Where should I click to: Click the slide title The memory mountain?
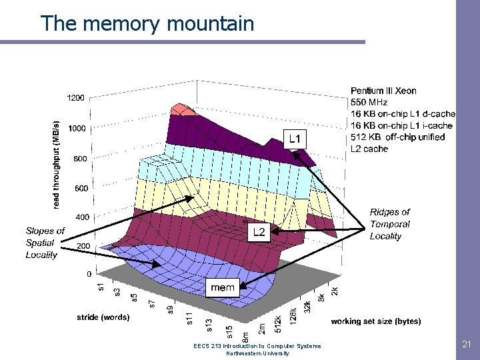[x=147, y=24]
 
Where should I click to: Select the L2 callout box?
[x=259, y=232]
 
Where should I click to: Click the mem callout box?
[x=222, y=287]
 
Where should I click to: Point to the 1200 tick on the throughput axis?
[x=75, y=98]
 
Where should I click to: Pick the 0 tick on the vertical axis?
[x=89, y=274]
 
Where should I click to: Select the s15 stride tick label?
[x=229, y=330]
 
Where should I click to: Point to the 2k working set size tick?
[x=335, y=291]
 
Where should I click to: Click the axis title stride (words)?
[x=103, y=317]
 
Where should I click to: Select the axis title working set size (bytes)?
[x=375, y=321]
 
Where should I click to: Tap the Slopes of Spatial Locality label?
[x=45, y=243]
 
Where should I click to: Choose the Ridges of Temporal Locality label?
[x=390, y=224]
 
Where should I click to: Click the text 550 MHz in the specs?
[x=369, y=102]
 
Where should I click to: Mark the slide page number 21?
[x=466, y=344]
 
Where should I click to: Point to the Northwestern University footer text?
[x=257, y=353]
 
